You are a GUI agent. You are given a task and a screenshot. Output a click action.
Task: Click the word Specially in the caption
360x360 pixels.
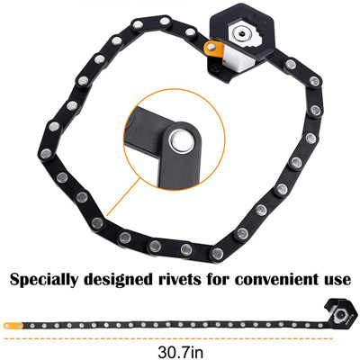44,280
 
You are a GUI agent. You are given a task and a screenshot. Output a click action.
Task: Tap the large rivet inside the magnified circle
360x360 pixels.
181,140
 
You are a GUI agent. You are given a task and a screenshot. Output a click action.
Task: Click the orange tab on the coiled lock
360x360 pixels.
214,49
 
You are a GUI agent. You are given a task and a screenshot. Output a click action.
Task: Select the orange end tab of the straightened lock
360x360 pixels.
13,326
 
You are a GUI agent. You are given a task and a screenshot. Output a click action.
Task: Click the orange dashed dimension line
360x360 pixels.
168,338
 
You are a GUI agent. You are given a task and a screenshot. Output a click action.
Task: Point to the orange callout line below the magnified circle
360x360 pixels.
123,197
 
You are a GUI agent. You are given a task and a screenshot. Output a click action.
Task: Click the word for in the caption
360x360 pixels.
219,279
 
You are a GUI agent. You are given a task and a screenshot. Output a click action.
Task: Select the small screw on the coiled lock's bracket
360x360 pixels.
215,67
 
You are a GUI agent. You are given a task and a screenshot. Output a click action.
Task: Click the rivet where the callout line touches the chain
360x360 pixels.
97,222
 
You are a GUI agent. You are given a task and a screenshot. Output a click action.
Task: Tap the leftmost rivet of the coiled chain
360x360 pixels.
46,154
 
